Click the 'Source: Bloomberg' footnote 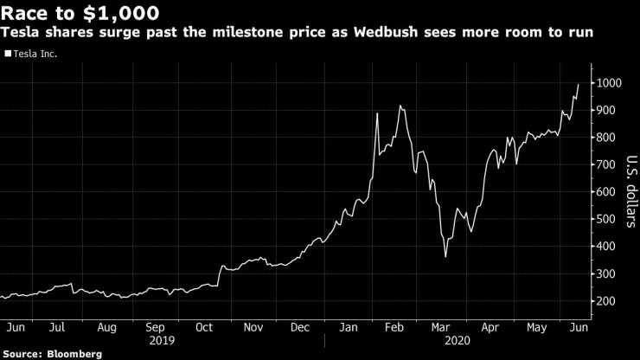coord(52,354)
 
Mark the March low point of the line coord(445,256)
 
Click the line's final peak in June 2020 coord(578,84)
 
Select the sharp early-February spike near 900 coord(378,113)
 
